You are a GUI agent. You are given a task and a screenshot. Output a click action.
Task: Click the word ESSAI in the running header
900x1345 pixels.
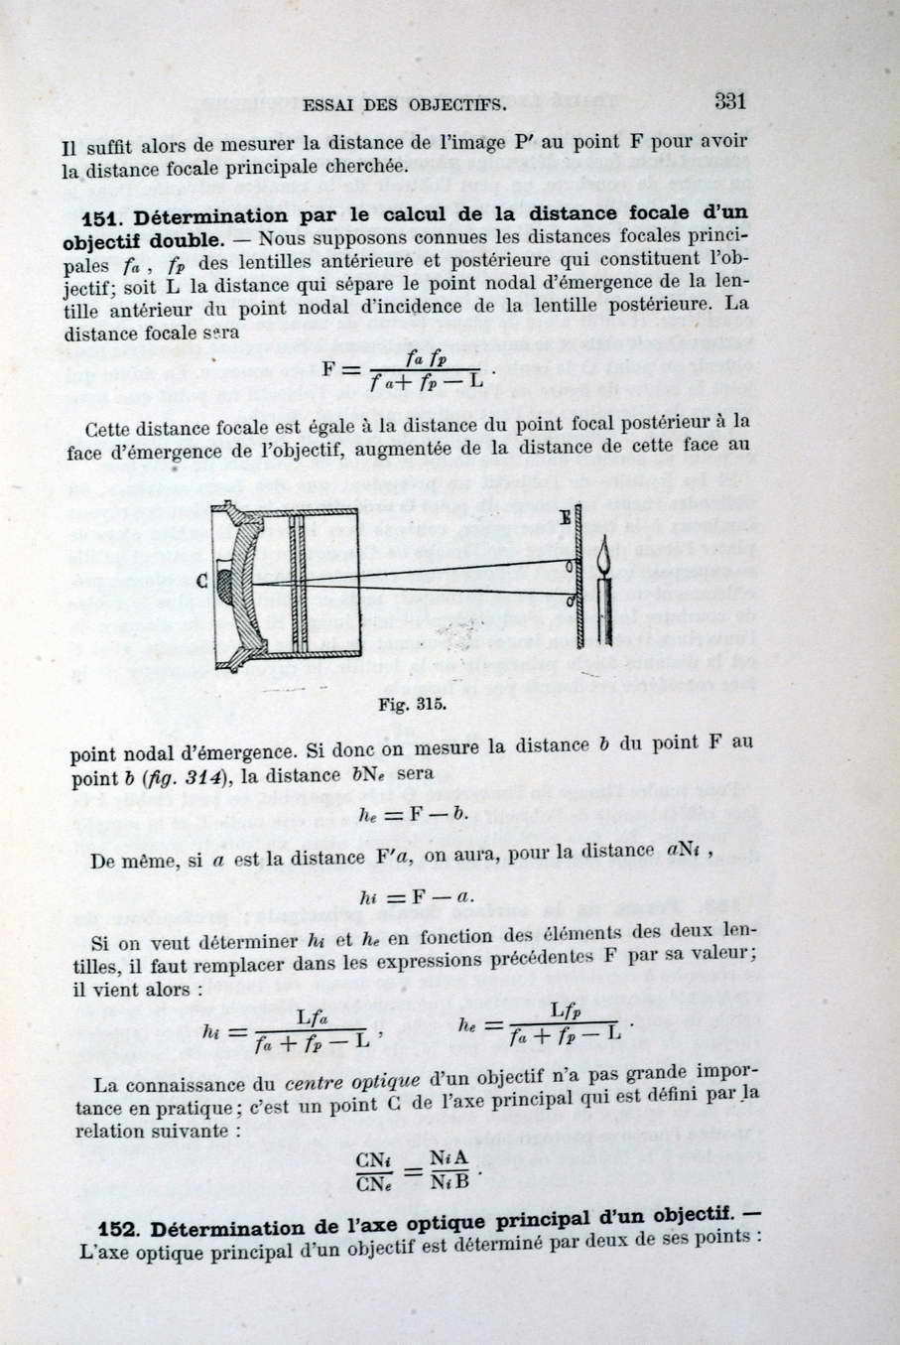point(330,104)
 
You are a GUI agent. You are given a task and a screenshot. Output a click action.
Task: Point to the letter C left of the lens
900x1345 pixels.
point(201,583)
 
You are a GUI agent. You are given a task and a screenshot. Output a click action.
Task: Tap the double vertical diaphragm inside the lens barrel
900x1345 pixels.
point(297,586)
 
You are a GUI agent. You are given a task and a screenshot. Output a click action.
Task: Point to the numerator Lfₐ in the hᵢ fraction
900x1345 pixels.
point(312,1016)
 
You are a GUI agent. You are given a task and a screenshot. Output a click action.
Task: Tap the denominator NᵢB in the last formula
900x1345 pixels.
point(449,1181)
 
